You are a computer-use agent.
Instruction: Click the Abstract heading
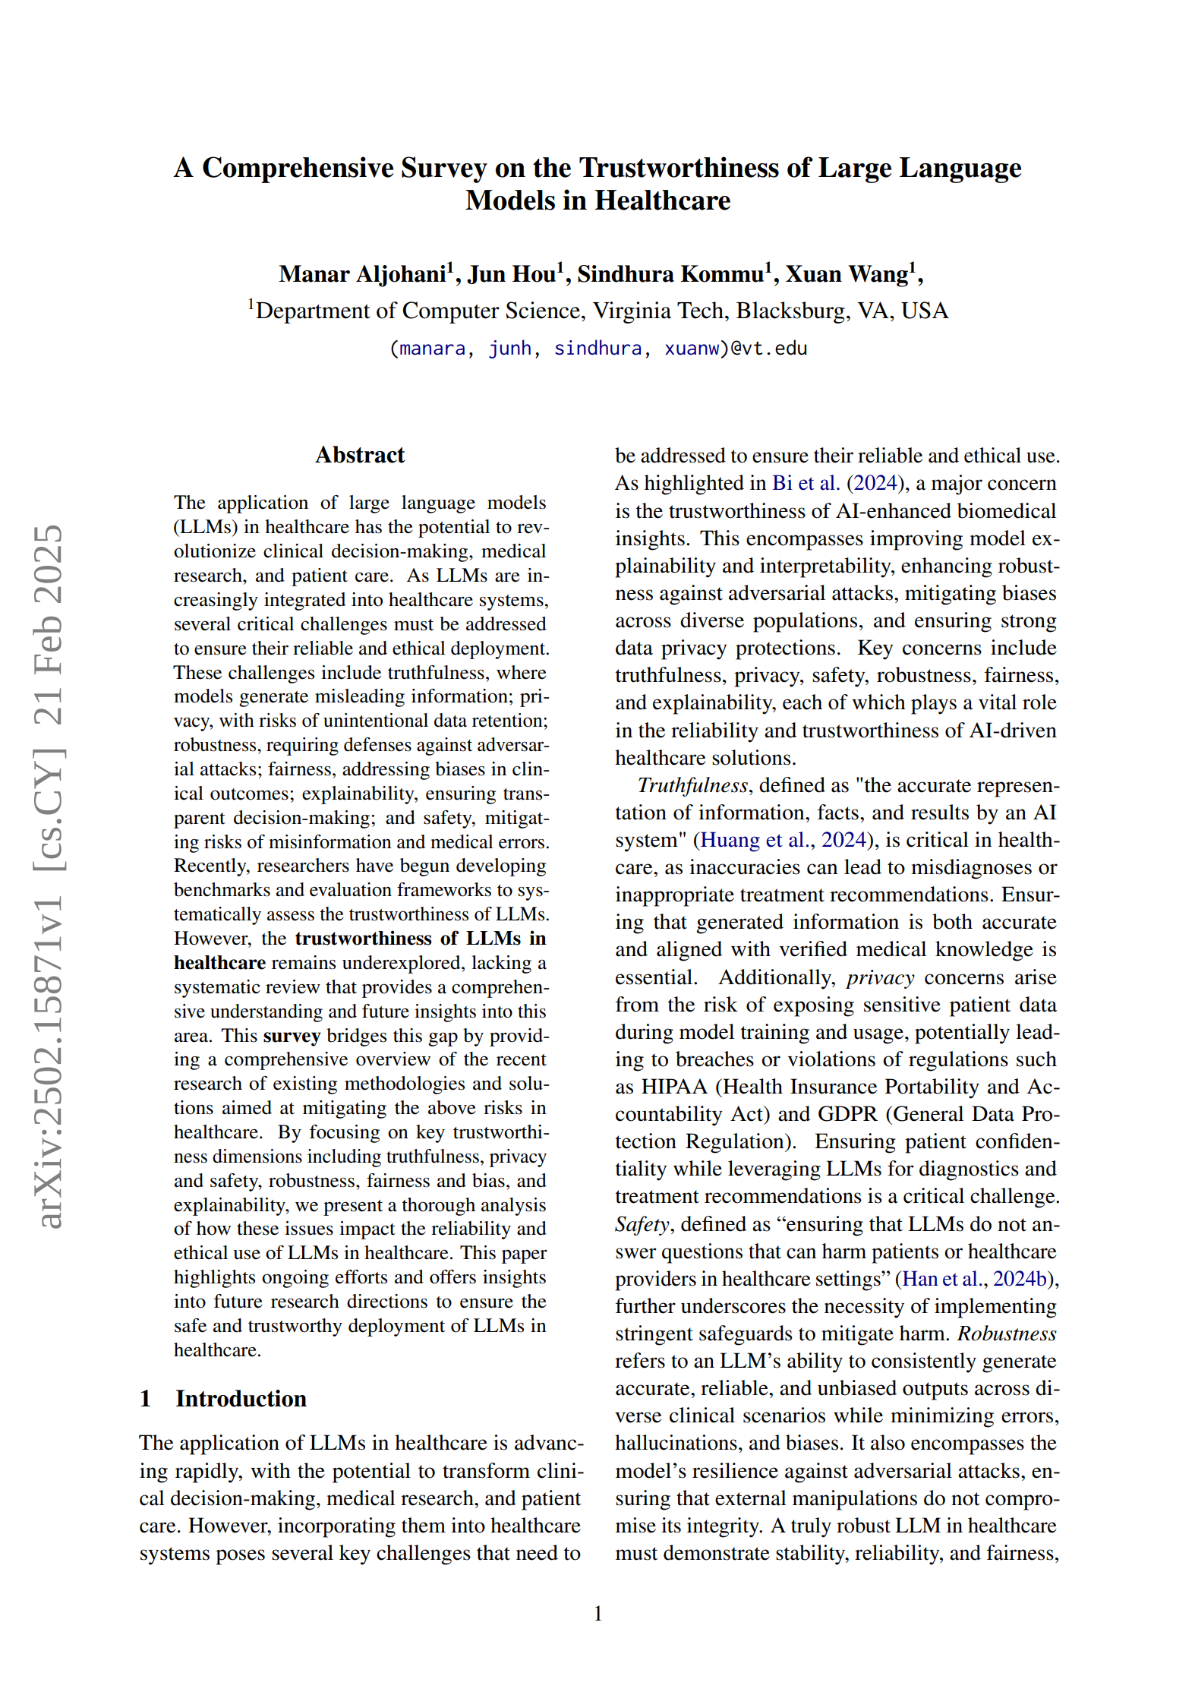pyautogui.click(x=360, y=455)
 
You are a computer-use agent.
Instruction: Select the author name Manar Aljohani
pyautogui.click(x=362, y=274)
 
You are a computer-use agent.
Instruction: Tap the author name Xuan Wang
pyautogui.click(x=847, y=274)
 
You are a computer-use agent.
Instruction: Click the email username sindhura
pyautogui.click(x=597, y=349)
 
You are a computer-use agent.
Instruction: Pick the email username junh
pyautogui.click(x=509, y=349)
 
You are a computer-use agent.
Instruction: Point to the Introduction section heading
pyautogui.click(x=241, y=1399)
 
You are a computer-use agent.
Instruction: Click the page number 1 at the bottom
pyautogui.click(x=598, y=1613)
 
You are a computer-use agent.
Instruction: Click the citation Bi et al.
pyautogui.click(x=806, y=483)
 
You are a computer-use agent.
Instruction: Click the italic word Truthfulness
pyautogui.click(x=692, y=785)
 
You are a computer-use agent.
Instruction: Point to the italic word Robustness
pyautogui.click(x=1007, y=1334)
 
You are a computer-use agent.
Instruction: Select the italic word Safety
pyautogui.click(x=642, y=1224)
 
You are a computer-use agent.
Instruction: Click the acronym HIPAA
pyautogui.click(x=674, y=1087)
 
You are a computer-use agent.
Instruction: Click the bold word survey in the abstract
pyautogui.click(x=292, y=1036)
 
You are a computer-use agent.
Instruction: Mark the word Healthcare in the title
pyautogui.click(x=662, y=200)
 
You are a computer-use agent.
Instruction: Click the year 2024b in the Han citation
pyautogui.click(x=1020, y=1279)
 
